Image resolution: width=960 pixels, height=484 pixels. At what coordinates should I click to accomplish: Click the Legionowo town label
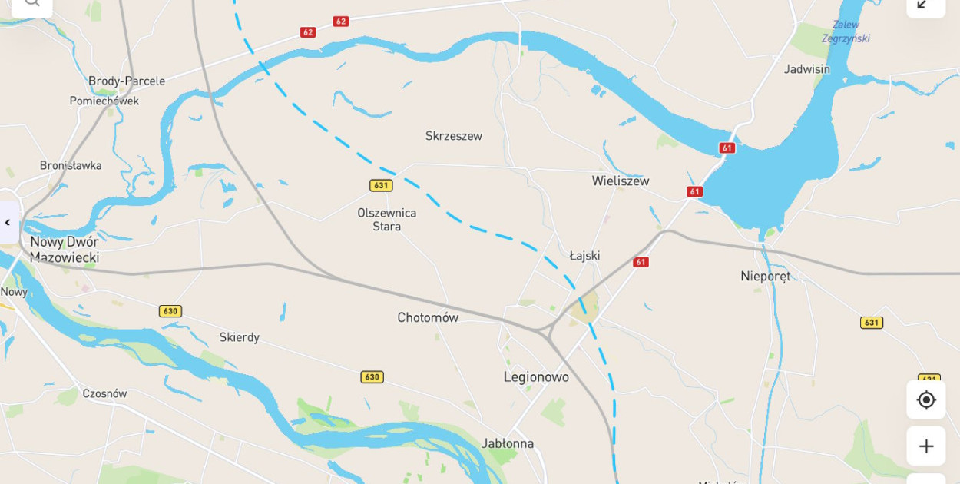[536, 377]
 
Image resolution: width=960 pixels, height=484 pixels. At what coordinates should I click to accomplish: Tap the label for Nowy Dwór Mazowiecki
[65, 250]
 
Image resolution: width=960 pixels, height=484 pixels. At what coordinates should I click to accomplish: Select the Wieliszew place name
[620, 181]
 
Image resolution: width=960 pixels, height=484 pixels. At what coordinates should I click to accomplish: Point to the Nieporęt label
[765, 277]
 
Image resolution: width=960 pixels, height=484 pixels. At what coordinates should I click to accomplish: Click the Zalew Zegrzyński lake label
[846, 31]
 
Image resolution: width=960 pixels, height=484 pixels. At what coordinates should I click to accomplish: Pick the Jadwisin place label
[806, 69]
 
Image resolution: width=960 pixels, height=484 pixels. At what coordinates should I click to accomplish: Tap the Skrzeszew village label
[454, 137]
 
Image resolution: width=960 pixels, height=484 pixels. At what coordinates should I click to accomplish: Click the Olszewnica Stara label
[387, 220]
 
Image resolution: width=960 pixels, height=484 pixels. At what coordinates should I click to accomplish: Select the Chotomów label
[428, 318]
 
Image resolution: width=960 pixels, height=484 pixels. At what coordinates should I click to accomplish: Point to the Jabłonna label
[508, 444]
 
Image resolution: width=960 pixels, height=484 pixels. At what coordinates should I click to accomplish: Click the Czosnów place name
[104, 394]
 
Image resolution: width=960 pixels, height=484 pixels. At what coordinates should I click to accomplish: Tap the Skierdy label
[239, 338]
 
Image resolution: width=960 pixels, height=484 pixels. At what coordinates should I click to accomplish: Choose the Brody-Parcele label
[127, 81]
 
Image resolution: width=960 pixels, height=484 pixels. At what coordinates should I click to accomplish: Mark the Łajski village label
[584, 256]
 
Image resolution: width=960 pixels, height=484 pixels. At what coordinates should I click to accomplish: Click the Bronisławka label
[71, 166]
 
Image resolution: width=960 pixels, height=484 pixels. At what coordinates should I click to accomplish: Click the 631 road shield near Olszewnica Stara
[381, 185]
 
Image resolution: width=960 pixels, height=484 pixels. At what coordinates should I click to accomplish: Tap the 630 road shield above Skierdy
[170, 311]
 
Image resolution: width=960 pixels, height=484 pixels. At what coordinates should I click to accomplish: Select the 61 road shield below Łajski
[641, 262]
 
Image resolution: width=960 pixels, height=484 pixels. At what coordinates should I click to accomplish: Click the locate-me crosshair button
[925, 399]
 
